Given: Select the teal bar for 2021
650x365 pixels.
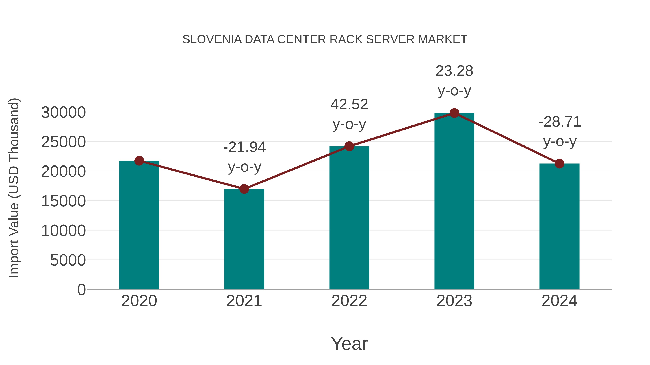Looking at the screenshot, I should click(x=244, y=239).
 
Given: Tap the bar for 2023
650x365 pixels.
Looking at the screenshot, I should click(x=454, y=202).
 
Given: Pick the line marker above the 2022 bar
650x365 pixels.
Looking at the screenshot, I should click(x=349, y=146).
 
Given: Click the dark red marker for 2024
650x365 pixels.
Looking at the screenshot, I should click(x=559, y=163).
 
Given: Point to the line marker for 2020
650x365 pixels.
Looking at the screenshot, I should click(x=139, y=161).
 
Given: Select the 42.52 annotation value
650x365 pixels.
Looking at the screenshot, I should click(x=349, y=104).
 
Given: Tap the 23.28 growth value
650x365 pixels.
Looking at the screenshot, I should click(x=454, y=71).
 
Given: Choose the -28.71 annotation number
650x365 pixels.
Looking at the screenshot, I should click(x=560, y=122).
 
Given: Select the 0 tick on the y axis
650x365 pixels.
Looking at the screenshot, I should click(x=81, y=289).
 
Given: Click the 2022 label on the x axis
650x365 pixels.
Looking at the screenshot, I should click(x=349, y=301).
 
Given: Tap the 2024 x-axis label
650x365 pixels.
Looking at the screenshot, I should click(x=559, y=301).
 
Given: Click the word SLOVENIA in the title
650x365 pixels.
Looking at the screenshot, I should click(x=212, y=39).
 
